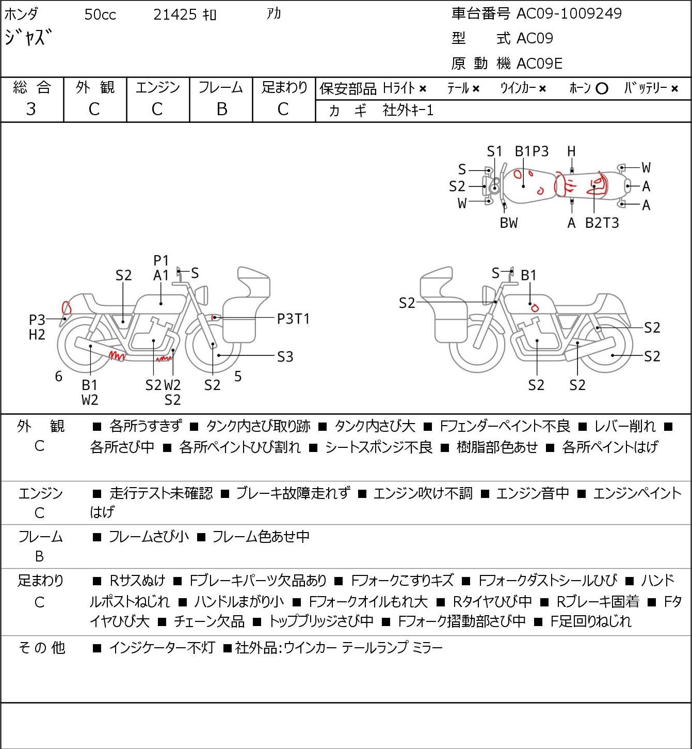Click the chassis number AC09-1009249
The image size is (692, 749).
(x=569, y=13)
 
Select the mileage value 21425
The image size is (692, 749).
(x=175, y=14)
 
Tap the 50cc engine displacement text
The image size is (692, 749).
(x=100, y=14)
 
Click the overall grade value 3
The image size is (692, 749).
(x=31, y=109)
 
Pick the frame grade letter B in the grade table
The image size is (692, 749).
(x=221, y=109)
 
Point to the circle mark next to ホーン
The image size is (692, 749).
(x=602, y=89)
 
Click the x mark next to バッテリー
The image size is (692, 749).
(x=674, y=89)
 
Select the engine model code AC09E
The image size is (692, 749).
(x=539, y=64)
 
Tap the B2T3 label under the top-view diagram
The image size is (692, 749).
(x=602, y=223)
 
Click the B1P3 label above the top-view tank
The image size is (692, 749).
(x=532, y=151)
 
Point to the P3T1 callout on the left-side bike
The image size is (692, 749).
(x=293, y=319)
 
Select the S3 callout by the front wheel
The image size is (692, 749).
(x=285, y=357)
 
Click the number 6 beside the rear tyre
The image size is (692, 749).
(x=58, y=376)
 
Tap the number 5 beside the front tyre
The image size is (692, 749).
(x=238, y=376)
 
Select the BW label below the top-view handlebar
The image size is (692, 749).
(x=509, y=223)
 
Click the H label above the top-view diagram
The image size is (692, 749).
(x=571, y=151)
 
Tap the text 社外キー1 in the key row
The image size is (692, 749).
(x=408, y=111)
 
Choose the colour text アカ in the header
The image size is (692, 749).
(x=274, y=14)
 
